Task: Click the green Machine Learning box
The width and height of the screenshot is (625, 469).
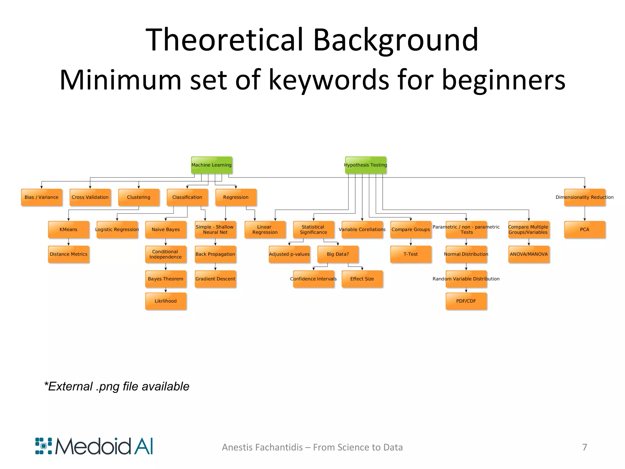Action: [211, 165]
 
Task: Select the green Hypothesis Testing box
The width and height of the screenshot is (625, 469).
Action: [365, 165]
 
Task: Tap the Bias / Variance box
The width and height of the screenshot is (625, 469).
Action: [42, 197]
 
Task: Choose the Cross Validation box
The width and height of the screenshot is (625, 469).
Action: [90, 197]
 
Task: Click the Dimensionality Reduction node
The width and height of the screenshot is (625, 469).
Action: [584, 197]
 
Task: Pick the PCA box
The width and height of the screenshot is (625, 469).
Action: [584, 230]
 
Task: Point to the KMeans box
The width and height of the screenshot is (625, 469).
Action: [68, 230]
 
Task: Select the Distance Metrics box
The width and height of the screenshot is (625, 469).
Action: [68, 254]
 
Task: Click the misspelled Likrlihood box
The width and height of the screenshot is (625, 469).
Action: [166, 301]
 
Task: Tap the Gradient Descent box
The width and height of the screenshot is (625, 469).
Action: [215, 279]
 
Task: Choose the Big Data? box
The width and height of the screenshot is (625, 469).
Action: [338, 254]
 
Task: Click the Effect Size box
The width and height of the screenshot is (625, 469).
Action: [362, 279]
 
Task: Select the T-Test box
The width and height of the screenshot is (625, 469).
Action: [410, 254]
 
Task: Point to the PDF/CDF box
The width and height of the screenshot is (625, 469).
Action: [466, 301]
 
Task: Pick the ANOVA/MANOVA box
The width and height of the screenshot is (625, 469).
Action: [529, 254]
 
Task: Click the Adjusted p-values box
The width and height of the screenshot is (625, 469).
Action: [289, 254]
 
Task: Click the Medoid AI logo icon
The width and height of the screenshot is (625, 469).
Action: [44, 446]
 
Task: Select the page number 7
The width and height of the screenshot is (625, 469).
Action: [584, 447]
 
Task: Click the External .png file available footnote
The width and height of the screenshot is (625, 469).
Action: [117, 387]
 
